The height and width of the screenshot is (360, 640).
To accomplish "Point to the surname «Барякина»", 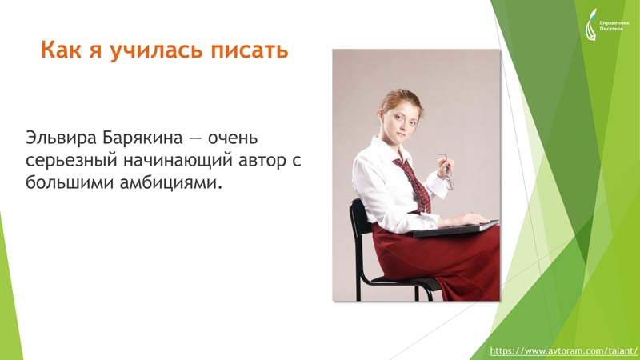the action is (x=142, y=138).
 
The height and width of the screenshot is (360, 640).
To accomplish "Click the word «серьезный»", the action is (x=70, y=161).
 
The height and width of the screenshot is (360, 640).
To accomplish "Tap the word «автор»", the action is (x=262, y=162).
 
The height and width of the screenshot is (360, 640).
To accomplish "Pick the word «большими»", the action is (x=70, y=182).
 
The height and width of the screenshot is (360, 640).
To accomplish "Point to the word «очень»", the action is (x=233, y=138).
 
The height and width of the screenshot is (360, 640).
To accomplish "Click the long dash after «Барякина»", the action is (x=195, y=138).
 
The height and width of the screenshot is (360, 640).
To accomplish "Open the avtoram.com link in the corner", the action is (x=563, y=350).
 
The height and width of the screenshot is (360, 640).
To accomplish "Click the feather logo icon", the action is (x=591, y=25).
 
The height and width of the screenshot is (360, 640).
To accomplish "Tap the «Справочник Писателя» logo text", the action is (x=614, y=26).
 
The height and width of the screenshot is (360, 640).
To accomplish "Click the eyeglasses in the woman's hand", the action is (x=446, y=171).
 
